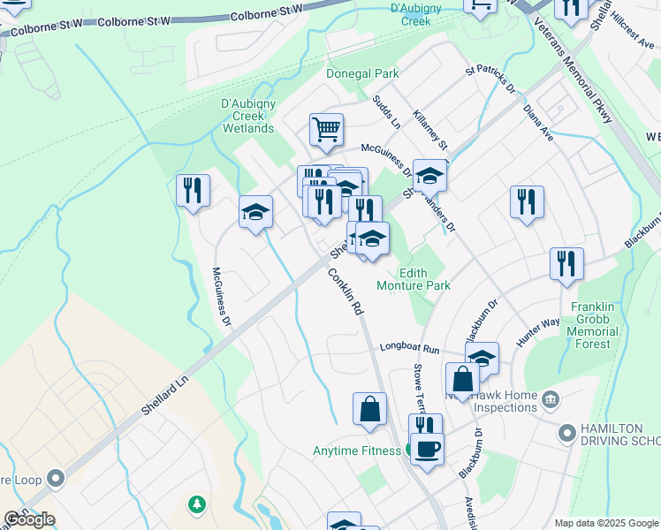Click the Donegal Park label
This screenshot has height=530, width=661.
(x=362, y=73)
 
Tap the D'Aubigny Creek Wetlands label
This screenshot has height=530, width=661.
(x=247, y=116)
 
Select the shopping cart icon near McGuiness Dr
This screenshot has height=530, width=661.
(x=326, y=130)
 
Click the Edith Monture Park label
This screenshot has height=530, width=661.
(x=414, y=279)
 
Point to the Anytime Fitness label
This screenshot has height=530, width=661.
(x=357, y=450)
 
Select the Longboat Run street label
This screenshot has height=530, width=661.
(x=410, y=348)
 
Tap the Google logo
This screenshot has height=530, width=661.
(x=29, y=519)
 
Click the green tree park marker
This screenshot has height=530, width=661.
(x=196, y=504)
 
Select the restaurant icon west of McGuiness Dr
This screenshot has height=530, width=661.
(x=192, y=190)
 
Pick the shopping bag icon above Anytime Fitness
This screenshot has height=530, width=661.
(x=369, y=409)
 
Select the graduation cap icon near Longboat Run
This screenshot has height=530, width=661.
(x=482, y=358)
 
